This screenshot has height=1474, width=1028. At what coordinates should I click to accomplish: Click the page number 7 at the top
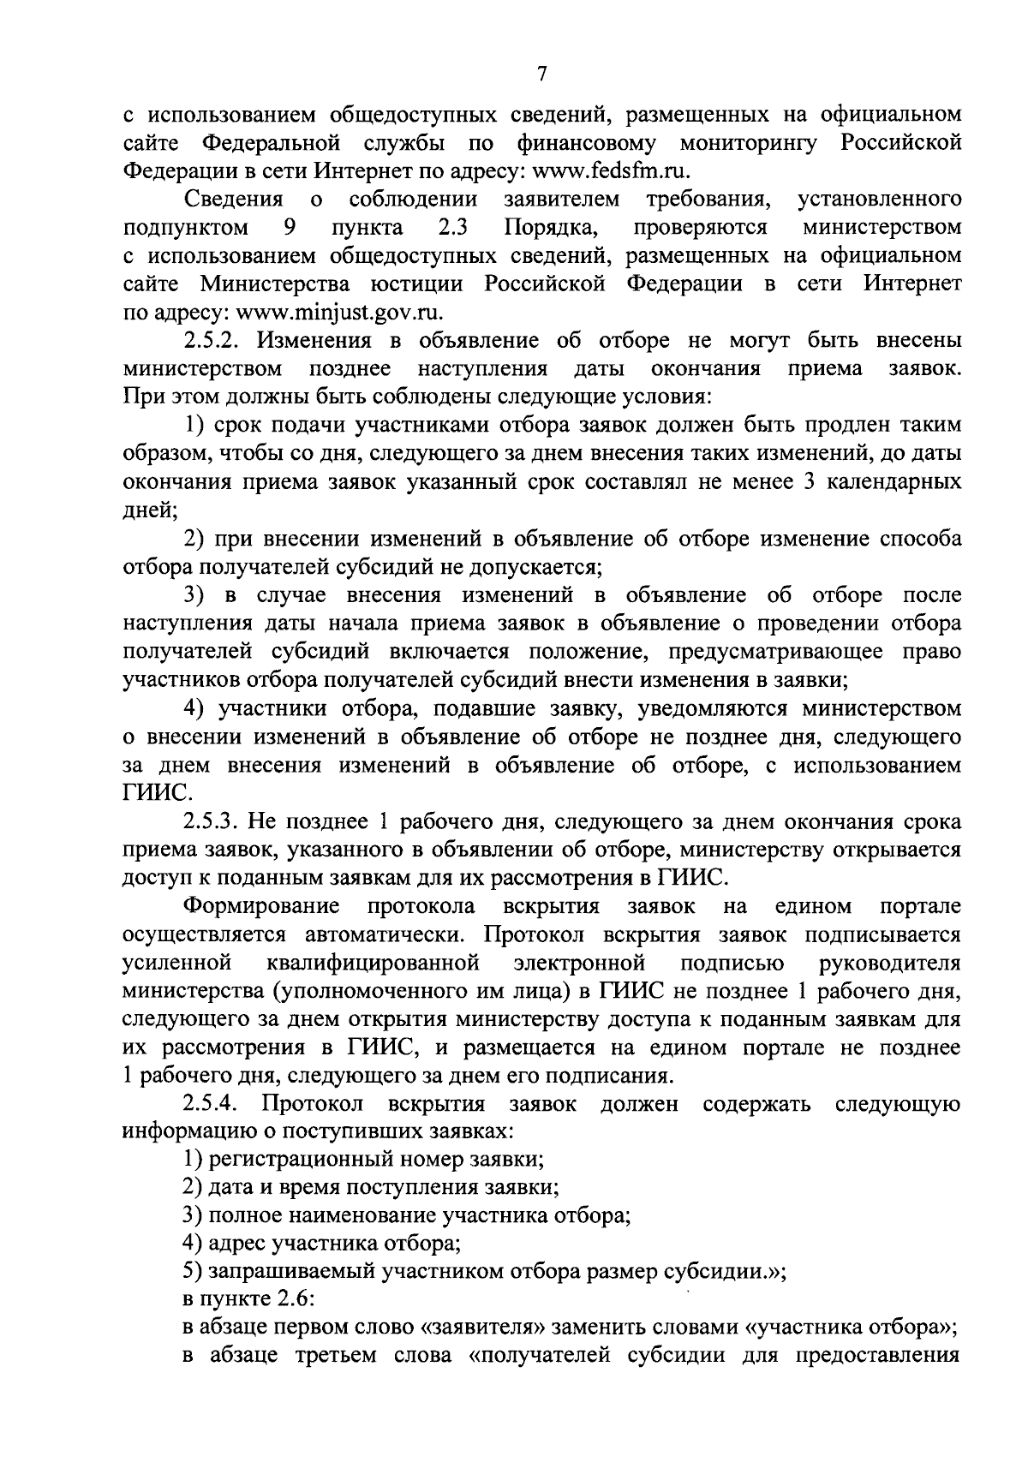coord(541,75)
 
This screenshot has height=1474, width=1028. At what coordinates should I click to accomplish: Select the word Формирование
coord(261,906)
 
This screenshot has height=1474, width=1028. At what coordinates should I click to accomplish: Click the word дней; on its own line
coord(150,510)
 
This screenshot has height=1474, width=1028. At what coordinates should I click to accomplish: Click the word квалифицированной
coord(372,963)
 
